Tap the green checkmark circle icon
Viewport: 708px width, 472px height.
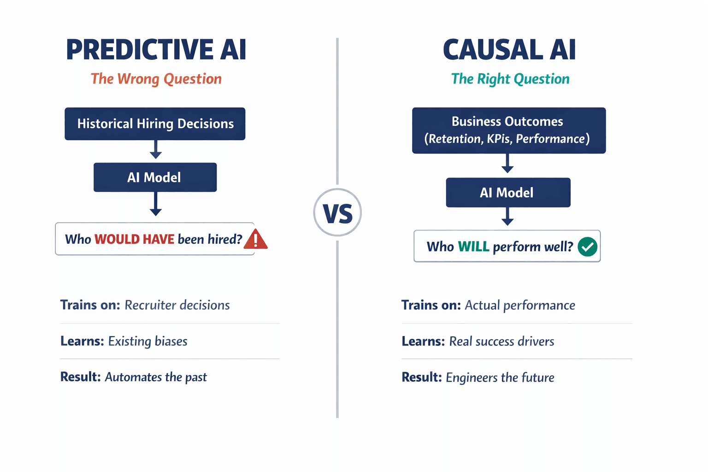587,247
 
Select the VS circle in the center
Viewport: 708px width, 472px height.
337,212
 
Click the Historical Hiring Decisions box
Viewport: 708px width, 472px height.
155,124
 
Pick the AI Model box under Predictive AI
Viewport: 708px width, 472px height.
155,177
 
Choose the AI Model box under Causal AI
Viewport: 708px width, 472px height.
507,193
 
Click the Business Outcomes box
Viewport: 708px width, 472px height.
508,130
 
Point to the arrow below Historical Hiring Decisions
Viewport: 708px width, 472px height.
156,150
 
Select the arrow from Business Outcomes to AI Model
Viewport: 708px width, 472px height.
507,164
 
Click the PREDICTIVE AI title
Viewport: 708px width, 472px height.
156,50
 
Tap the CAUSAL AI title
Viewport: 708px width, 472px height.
509,50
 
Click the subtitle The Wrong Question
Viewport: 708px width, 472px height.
156,79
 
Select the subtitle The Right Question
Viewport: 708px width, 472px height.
510,79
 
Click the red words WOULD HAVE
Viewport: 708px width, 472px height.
134,239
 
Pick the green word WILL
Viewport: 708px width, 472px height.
473,247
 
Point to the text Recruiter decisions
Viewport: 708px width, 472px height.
177,305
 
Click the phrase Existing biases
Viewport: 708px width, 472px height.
147,341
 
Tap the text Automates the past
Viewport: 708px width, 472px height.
156,377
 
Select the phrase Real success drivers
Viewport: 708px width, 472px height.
501,341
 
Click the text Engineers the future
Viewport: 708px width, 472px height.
500,378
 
